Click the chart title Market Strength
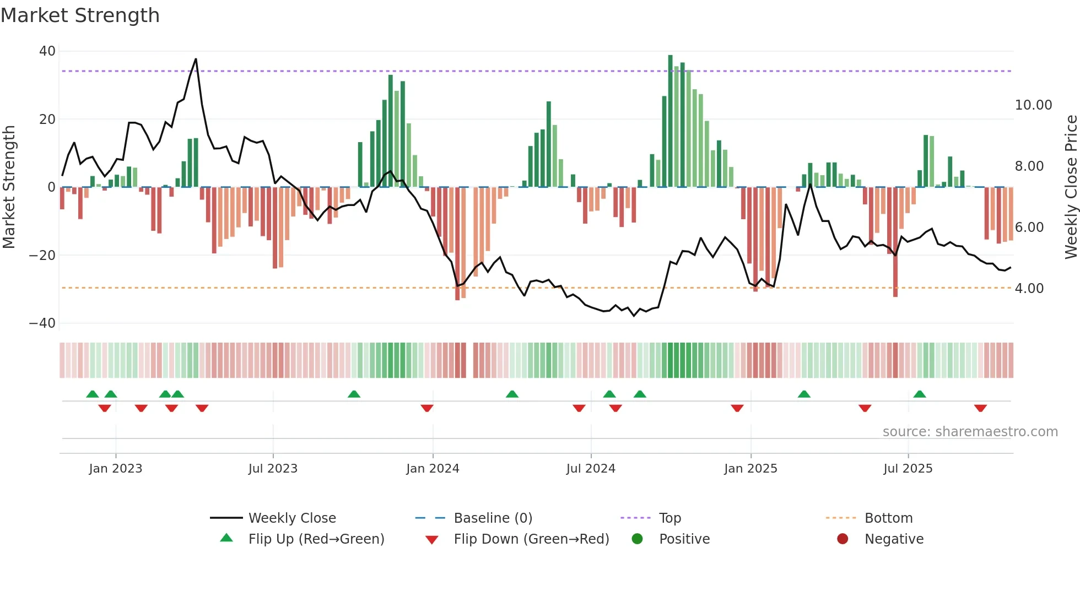pyautogui.click(x=80, y=15)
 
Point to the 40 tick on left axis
pyautogui.click(x=47, y=51)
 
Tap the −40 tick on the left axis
pyautogui.click(x=42, y=323)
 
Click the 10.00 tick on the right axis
pyautogui.click(x=1033, y=105)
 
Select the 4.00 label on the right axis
pyautogui.click(x=1029, y=289)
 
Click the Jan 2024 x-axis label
pyautogui.click(x=433, y=469)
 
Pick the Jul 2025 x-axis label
pyautogui.click(x=908, y=469)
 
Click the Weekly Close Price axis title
pyautogui.click(x=1071, y=187)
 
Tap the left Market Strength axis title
pyautogui.click(x=9, y=187)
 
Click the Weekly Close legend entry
pyautogui.click(x=291, y=518)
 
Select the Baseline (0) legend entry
pyautogui.click(x=493, y=518)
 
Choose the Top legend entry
pyautogui.click(x=669, y=518)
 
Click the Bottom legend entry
pyautogui.click(x=888, y=518)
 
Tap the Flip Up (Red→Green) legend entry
pyautogui.click(x=316, y=539)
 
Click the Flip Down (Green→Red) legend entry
pyautogui.click(x=531, y=539)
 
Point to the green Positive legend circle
pyautogui.click(x=638, y=539)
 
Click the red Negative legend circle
pyautogui.click(x=843, y=539)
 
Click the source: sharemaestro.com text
pyautogui.click(x=970, y=432)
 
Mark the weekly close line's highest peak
pyautogui.click(x=196, y=59)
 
